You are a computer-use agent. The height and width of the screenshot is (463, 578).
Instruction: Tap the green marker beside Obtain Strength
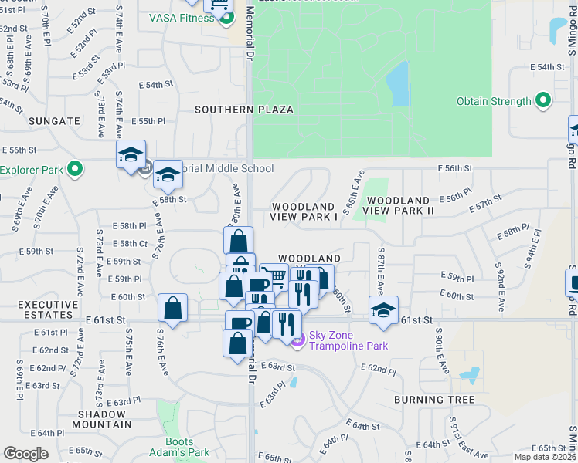(x=543, y=101)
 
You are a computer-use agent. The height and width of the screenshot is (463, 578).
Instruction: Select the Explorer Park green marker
(x=74, y=169)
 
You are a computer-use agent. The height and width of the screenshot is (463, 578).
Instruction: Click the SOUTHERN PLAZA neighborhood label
(x=243, y=110)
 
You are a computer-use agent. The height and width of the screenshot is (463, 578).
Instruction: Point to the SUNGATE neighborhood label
(x=54, y=121)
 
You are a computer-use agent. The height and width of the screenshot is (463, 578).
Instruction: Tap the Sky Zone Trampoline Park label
(x=348, y=340)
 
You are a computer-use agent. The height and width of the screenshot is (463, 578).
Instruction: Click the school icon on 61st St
(x=383, y=311)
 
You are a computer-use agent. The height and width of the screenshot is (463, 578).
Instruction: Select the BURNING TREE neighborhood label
(x=434, y=400)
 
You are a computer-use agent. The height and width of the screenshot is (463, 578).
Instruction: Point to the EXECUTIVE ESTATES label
(x=39, y=310)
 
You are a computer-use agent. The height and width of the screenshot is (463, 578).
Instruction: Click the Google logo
(x=25, y=454)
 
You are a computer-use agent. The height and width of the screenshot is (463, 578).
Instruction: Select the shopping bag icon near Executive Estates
(x=172, y=309)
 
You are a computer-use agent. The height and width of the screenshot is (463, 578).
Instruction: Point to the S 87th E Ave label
(x=381, y=271)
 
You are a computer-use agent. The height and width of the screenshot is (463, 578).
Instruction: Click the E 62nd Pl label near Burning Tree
(x=381, y=370)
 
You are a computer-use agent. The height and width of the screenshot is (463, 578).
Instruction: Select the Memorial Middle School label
(x=220, y=169)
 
